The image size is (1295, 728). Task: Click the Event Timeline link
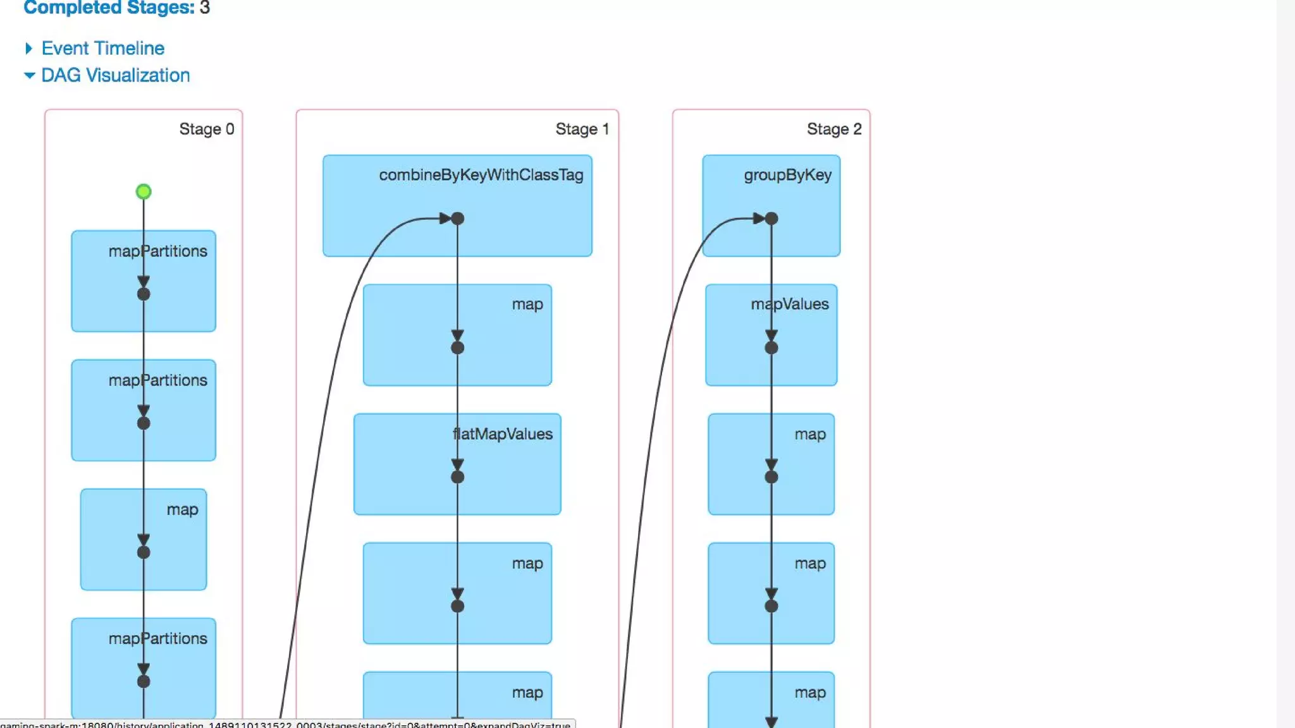102,48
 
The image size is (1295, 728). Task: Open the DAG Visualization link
115,75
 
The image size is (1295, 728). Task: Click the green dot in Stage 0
144,191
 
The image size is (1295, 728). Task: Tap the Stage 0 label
206,129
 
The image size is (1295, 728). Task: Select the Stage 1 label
582,129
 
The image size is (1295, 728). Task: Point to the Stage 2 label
833,129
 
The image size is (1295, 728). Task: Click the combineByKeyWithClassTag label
481,175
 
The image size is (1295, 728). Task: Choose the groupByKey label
787,175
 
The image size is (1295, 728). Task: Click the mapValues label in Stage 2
789,304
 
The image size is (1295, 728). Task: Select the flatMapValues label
503,434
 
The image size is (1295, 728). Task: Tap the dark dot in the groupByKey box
771,219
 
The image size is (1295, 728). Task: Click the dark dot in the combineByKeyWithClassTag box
458,219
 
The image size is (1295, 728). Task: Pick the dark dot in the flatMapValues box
458,477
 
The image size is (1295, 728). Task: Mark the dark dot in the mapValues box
771,348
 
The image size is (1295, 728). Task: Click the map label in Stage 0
182,509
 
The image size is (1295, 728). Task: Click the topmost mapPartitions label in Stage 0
157,251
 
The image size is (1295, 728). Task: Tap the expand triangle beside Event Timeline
28,49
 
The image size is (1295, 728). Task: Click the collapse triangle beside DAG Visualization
29,75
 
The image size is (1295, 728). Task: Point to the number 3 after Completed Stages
204,8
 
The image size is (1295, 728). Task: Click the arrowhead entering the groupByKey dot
759,219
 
